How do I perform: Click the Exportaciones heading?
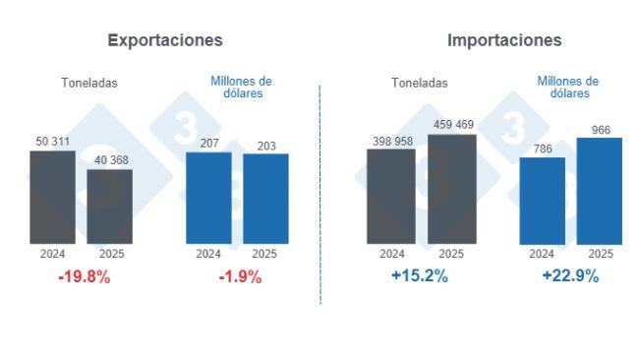pos(165,40)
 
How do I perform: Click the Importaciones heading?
pos(504,40)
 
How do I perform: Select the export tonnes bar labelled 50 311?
pos(52,197)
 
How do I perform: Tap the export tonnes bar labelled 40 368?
pos(109,207)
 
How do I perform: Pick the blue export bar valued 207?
pos(208,198)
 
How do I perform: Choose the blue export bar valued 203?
pos(265,199)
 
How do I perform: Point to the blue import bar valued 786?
pos(542,201)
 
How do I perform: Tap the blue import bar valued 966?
pos(600,191)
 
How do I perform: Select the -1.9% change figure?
pos(240,277)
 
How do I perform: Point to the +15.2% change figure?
pos(420,276)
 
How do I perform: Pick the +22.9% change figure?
pos(570,276)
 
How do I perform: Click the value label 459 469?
pos(451,126)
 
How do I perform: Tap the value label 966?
pos(600,129)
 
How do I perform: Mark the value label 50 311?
pos(52,142)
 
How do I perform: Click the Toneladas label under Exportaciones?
pos(88,84)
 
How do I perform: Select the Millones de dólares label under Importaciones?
pos(568,88)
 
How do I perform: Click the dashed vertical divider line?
pos(320,197)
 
